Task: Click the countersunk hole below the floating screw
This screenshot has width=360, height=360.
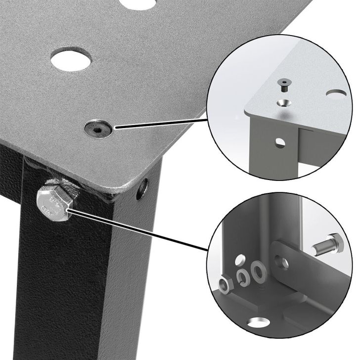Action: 284,103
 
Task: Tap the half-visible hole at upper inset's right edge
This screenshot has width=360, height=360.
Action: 337,93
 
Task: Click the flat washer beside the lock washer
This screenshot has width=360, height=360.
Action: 258,270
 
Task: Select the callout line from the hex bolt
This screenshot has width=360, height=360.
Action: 138,230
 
